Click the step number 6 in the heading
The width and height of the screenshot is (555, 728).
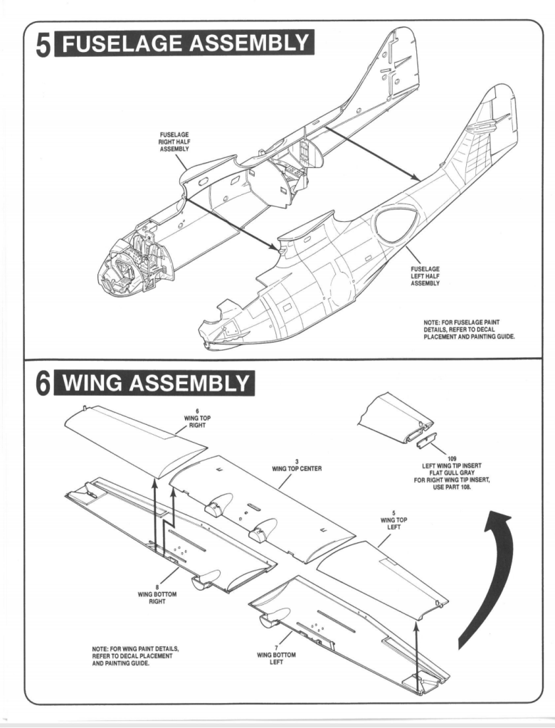[x=42, y=386]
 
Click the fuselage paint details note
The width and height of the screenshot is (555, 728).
[x=468, y=329]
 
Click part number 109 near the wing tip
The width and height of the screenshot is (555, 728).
[x=453, y=458]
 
